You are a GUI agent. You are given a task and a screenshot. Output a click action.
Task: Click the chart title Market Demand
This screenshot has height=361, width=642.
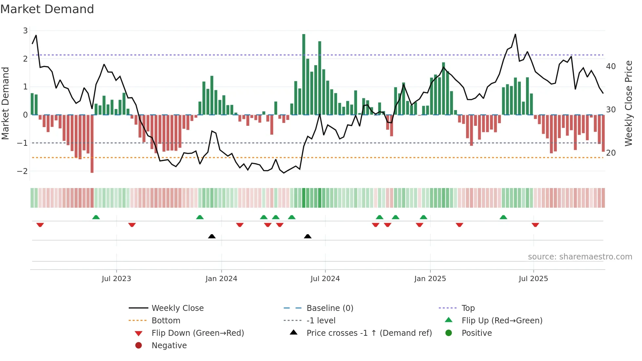(47, 9)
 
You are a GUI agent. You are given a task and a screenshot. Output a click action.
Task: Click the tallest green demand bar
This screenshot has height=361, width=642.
(304, 74)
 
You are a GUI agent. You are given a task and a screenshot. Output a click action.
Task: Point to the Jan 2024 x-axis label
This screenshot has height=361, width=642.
(221, 279)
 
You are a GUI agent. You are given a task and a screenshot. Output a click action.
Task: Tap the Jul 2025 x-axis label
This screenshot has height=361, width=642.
(533, 279)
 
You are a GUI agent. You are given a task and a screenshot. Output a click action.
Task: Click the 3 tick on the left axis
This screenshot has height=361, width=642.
(25, 31)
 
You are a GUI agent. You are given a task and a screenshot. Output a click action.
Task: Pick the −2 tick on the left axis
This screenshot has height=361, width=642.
(23, 171)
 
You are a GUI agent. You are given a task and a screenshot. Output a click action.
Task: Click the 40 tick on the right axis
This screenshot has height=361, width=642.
(611, 66)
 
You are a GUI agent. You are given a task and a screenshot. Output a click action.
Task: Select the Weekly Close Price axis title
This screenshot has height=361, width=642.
(629, 103)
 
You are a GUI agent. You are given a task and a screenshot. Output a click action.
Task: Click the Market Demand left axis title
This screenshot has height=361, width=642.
(5, 103)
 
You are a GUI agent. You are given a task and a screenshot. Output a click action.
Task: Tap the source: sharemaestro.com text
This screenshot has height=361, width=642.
(580, 257)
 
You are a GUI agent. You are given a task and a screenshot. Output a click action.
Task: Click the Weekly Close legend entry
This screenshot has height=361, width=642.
(178, 308)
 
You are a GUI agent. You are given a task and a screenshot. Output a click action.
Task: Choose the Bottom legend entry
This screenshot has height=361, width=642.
(166, 321)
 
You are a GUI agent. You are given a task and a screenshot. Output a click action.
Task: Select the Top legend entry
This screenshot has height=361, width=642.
(468, 308)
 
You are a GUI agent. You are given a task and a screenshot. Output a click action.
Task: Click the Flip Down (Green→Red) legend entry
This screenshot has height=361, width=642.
(198, 333)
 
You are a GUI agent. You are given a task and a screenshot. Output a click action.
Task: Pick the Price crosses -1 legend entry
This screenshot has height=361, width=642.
(369, 333)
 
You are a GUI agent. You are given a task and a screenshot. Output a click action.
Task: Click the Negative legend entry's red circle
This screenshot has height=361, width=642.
(139, 346)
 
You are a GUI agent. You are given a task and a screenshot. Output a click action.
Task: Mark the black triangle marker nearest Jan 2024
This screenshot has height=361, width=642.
(212, 236)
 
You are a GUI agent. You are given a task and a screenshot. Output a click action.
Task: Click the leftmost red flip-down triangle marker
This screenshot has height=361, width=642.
(40, 225)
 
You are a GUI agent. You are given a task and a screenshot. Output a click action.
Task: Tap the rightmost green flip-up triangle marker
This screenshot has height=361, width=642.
(503, 217)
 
